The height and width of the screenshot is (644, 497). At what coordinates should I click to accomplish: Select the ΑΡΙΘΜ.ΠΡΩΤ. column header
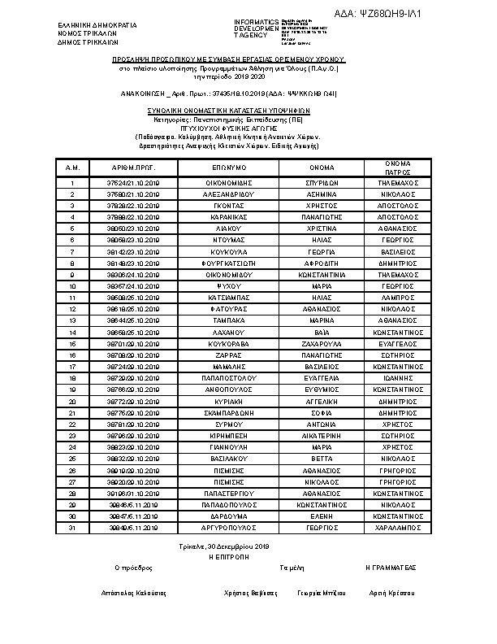point(134,168)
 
